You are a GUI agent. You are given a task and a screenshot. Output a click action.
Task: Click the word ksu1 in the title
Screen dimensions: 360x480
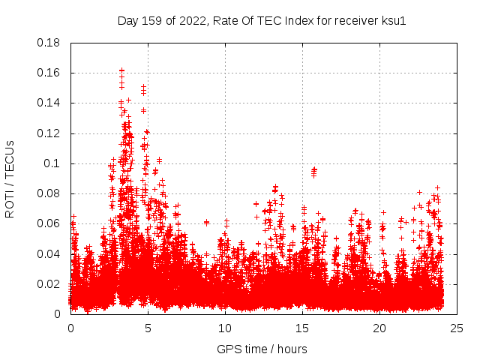coord(394,21)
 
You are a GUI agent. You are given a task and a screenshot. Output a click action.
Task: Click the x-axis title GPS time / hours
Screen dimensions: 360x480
coord(262,349)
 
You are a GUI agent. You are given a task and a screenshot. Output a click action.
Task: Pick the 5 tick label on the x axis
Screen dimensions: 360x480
coord(148,328)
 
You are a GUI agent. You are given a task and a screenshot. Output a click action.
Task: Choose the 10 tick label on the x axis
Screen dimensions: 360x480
coord(225,328)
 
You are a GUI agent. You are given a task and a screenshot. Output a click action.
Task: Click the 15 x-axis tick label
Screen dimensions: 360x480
coord(302,328)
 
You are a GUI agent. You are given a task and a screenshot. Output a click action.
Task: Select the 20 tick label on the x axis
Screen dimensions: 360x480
coord(379,328)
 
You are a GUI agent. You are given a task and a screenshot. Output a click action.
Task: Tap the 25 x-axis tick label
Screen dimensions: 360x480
coord(457,328)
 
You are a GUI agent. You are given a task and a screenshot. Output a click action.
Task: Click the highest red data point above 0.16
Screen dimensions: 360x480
coord(121,70)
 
